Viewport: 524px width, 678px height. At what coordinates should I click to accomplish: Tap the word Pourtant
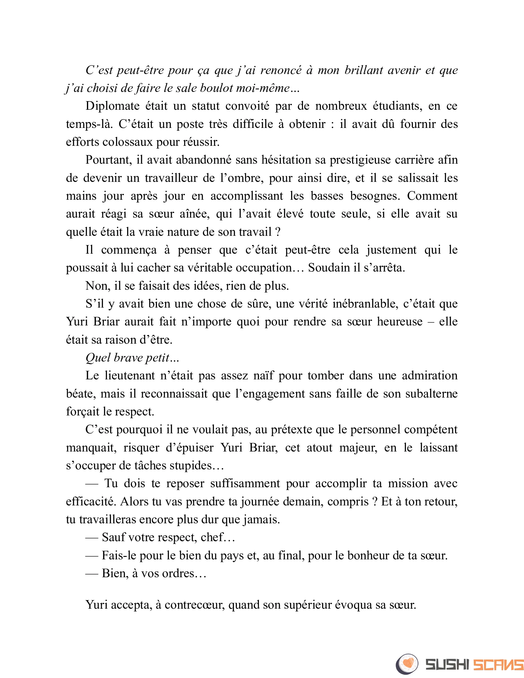click(x=108, y=160)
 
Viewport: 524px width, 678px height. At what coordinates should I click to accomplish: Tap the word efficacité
click(x=90, y=502)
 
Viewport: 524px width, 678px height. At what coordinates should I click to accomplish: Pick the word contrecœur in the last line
click(x=194, y=605)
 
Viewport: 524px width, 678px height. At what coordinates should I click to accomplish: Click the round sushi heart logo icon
click(x=407, y=664)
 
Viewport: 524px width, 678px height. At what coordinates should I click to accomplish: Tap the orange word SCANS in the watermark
click(x=498, y=665)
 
